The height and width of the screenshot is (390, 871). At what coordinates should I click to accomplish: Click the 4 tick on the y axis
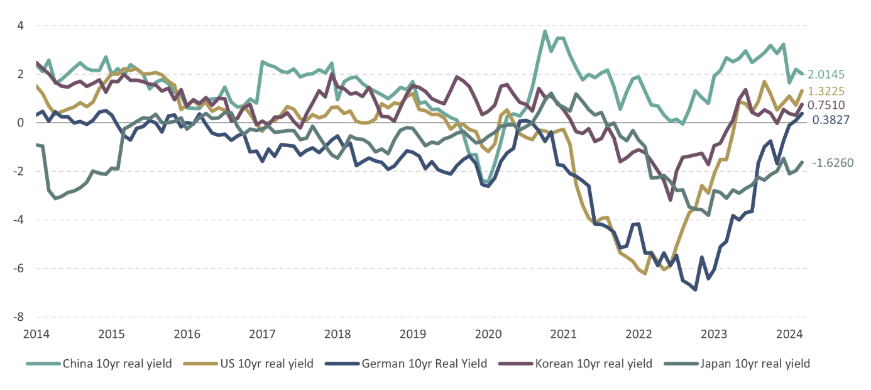[20, 26]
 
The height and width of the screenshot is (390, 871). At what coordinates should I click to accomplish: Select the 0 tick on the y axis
[20, 123]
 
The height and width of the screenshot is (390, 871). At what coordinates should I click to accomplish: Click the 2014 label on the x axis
[37, 333]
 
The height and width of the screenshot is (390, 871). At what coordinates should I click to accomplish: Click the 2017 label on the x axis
[263, 333]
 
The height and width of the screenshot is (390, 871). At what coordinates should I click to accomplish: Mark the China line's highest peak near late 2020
[545, 31]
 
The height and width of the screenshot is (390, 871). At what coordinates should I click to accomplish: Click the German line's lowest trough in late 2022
[695, 289]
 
